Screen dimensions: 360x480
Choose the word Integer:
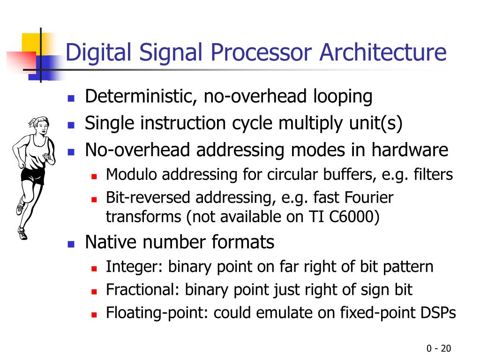click(x=135, y=267)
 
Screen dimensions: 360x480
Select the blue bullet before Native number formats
click(x=71, y=244)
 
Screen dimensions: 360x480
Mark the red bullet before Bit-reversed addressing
click(x=94, y=199)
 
